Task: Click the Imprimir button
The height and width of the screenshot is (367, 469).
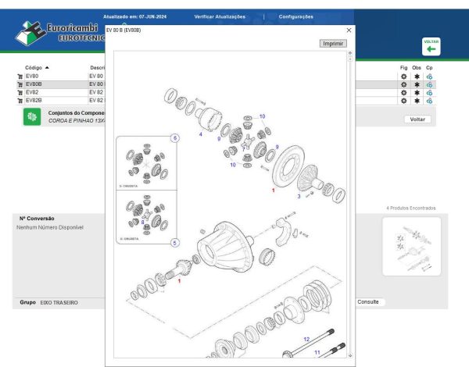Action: click(x=333, y=44)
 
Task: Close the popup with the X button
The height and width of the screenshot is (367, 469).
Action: click(x=349, y=30)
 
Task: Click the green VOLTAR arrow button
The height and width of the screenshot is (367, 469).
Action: click(x=431, y=48)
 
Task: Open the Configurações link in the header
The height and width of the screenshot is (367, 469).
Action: click(x=295, y=16)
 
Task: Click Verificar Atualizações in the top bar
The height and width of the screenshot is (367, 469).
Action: click(x=220, y=16)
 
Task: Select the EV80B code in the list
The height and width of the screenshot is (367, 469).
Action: click(x=34, y=84)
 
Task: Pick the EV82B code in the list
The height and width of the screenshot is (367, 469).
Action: click(x=34, y=100)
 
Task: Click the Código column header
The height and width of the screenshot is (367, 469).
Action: click(x=36, y=68)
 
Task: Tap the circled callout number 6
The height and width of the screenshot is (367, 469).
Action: click(x=174, y=138)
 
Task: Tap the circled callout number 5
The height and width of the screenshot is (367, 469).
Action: click(x=174, y=243)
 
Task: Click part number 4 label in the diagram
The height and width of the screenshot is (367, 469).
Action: click(x=200, y=135)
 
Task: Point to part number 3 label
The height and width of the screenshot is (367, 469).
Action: click(x=298, y=196)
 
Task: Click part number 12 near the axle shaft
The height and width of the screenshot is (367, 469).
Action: click(x=306, y=339)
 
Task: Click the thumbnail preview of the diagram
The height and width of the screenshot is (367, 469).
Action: click(x=411, y=246)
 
